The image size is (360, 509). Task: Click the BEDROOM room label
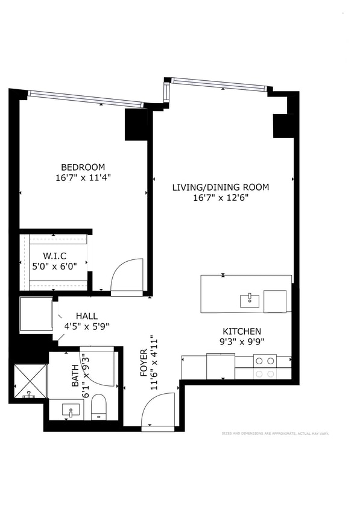tap(83, 167)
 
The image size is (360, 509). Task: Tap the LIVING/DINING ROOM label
tap(220, 187)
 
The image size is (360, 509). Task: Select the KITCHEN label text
tap(242, 331)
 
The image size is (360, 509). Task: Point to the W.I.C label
tap(55, 256)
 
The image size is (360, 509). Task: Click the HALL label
tap(86, 316)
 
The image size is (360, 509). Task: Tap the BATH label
tap(75, 376)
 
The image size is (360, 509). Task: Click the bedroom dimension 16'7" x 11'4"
tap(83, 178)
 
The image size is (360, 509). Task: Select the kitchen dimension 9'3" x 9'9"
tap(242, 342)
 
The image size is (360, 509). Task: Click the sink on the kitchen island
tap(250, 300)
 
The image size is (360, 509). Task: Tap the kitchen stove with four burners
tap(264, 367)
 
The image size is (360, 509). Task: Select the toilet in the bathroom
tap(99, 409)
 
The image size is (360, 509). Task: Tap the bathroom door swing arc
tap(98, 368)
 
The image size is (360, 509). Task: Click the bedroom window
tap(85, 98)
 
